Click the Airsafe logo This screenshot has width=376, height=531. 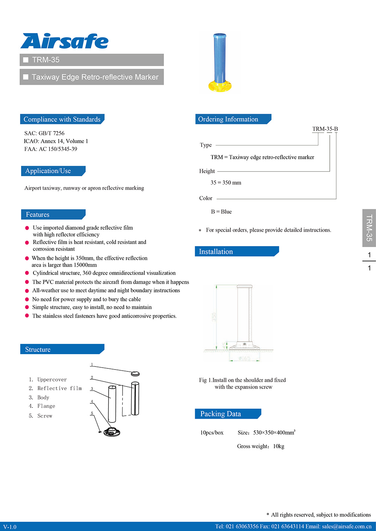click(64, 41)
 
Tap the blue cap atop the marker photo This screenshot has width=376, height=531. click(220, 36)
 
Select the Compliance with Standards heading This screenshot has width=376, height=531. click(62, 119)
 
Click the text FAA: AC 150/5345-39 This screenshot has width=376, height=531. click(51, 149)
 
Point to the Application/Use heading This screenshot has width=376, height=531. click(48, 171)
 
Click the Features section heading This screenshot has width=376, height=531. click(38, 215)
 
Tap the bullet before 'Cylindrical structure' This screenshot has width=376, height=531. click(27, 273)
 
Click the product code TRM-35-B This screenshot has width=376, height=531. click(325, 129)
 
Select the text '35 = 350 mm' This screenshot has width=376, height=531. click(226, 183)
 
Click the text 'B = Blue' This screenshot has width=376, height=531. click(221, 212)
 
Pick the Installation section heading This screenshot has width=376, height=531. click(216, 252)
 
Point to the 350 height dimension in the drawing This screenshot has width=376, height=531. click(214, 317)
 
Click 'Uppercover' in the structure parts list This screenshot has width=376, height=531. click(52, 380)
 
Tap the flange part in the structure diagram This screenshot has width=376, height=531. click(112, 432)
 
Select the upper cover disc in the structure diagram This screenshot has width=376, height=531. click(135, 373)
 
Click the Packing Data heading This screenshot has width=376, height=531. click(221, 414)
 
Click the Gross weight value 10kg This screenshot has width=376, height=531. click(279, 447)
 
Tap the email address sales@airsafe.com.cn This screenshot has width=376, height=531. click(346, 526)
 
